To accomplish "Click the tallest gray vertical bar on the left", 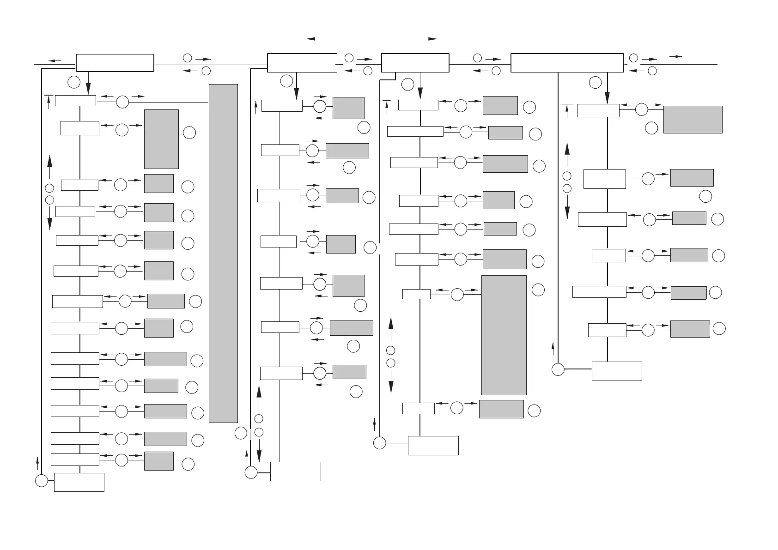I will coord(223,253).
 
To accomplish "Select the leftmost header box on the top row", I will coord(115,63).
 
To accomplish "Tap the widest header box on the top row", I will coord(567,63).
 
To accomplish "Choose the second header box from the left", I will coord(302,63).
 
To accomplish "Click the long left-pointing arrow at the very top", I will coord(322,39).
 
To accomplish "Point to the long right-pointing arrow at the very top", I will coord(421,39).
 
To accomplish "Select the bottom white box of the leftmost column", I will coord(79,482).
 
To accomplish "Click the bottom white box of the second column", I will coord(295,471).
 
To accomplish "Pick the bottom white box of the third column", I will coord(433,445).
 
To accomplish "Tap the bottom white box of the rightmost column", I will coord(616,371).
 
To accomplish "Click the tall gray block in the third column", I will coord(504,335).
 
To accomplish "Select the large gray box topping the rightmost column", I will coord(693,120).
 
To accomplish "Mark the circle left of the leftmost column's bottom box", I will coord(41,481).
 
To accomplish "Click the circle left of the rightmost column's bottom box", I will coord(558,369).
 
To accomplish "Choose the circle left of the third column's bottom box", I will coord(379,443).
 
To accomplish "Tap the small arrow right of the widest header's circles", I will coord(676,56).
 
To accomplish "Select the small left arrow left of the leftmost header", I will coord(55,60).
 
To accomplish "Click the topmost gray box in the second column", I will coord(348,108).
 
